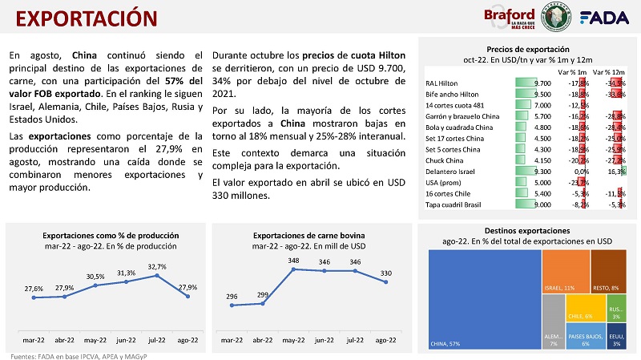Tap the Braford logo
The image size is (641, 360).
510,18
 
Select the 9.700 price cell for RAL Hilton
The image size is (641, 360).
542,82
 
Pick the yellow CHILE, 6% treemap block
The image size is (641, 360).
580,309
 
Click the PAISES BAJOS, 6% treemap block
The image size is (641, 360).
587,337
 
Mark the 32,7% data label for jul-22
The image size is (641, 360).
156,267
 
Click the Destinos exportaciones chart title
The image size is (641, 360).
527,230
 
